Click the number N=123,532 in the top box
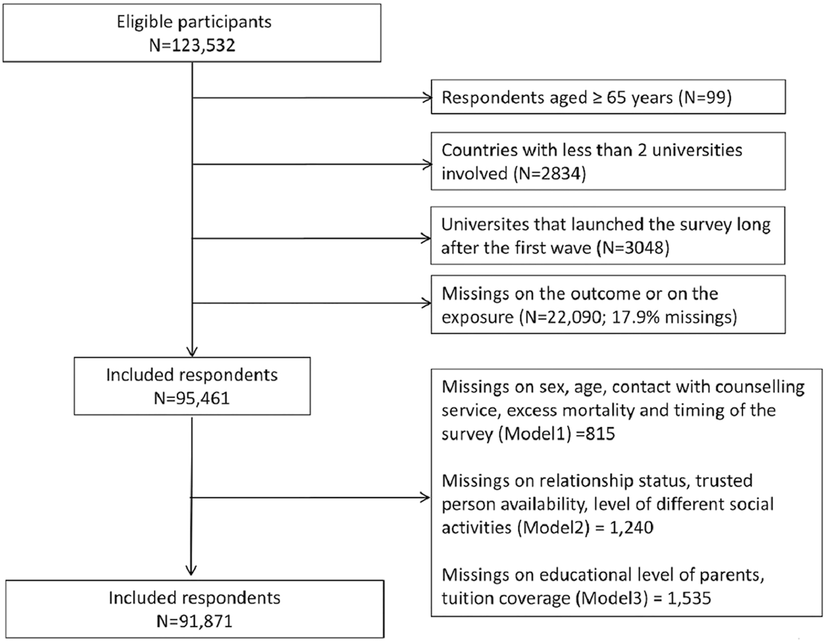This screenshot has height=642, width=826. click(x=192, y=46)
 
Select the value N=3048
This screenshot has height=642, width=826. click(x=632, y=248)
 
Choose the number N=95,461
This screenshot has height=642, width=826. click(x=192, y=398)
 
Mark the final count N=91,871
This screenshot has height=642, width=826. click(x=194, y=621)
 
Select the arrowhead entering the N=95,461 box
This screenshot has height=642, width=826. click(x=192, y=351)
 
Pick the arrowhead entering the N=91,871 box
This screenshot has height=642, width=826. click(x=191, y=570)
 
